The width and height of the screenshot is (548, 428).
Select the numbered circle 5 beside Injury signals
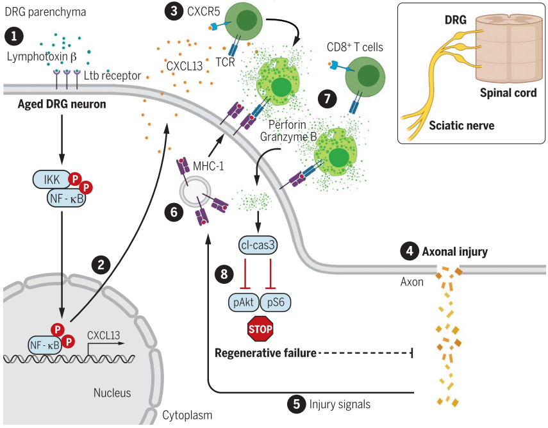(x=295, y=404)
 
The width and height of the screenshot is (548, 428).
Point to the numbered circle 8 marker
(x=224, y=274)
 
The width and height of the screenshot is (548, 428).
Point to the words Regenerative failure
(x=265, y=353)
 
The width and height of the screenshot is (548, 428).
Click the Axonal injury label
(x=454, y=252)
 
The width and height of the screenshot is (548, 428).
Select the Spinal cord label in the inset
(x=508, y=93)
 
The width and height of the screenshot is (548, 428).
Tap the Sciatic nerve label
(x=461, y=126)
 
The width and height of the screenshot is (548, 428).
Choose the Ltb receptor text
(x=112, y=76)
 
